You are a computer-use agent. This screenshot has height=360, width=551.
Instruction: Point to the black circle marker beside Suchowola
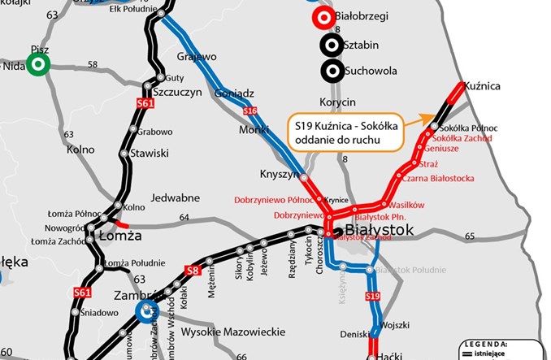330,71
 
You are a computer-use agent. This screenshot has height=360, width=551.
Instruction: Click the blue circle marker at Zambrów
147,310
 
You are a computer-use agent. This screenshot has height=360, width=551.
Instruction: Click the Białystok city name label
380,231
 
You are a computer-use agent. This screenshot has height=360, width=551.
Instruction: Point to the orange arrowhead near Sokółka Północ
427,118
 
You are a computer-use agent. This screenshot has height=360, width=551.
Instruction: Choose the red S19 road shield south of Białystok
372,297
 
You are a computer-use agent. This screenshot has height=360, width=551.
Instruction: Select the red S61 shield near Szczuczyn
145,102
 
